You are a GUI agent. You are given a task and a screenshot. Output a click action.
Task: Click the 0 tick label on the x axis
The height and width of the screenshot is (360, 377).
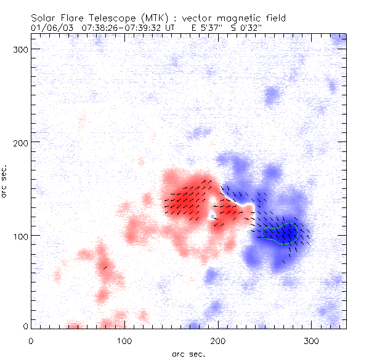(31, 340)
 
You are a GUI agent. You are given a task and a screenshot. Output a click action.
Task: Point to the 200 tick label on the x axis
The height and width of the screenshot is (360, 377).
(218, 340)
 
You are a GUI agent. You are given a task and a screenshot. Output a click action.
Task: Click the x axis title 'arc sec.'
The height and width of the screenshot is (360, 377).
(188, 354)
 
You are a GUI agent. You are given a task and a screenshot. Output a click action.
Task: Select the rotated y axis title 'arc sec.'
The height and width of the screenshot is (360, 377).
(5, 183)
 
